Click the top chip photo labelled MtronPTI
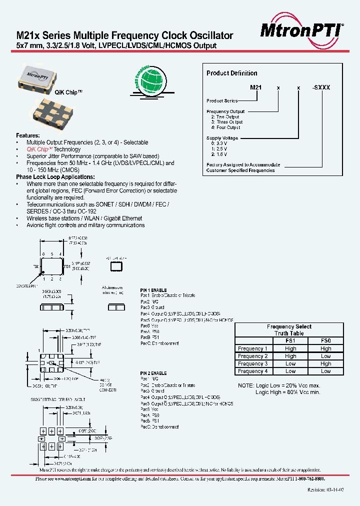pyautogui.click(x=38, y=76)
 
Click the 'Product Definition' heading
pyautogui.click(x=232, y=73)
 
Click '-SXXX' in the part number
pyautogui.click(x=320, y=87)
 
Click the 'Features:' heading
pyautogui.click(x=27, y=135)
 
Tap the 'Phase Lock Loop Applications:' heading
pyautogui.click(x=55, y=177)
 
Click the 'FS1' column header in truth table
pyautogui.click(x=290, y=340)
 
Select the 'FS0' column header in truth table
pyautogui.click(x=325, y=340)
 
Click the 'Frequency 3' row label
pyautogui.click(x=252, y=363)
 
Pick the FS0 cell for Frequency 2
pyautogui.click(x=325, y=356)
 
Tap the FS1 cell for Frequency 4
pyautogui.click(x=290, y=371)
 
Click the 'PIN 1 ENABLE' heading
pyautogui.click(x=153, y=290)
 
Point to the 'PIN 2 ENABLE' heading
pyautogui.click(x=153, y=373)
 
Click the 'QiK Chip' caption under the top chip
pyautogui.click(x=54, y=93)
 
